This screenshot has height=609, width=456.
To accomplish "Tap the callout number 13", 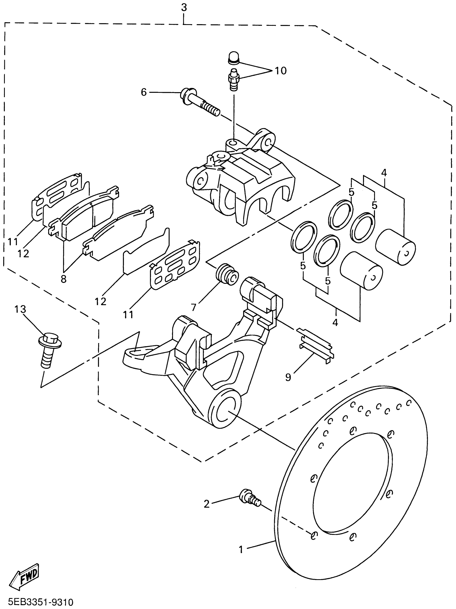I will [20, 309].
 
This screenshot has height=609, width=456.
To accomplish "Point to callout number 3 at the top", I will [184, 8].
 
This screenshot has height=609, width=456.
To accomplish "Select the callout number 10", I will [280, 71].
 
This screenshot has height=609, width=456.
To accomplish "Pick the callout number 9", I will [288, 377].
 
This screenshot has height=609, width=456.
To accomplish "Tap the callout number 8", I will [64, 279].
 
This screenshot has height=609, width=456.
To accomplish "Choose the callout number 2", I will [206, 504].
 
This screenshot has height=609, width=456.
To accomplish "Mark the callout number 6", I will [144, 92].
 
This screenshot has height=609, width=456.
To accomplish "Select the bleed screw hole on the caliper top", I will [233, 143].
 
